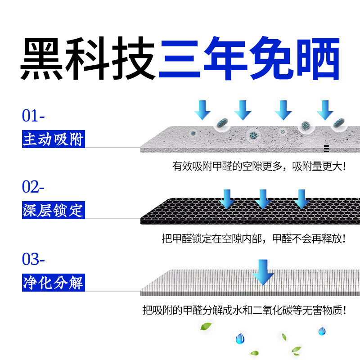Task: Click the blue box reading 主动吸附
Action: click(53, 139)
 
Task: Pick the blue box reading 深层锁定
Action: click(53, 210)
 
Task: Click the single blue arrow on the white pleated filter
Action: click(264, 272)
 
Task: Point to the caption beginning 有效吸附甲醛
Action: click(260, 166)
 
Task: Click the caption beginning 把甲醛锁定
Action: click(254, 238)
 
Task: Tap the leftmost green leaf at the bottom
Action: click(206, 326)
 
